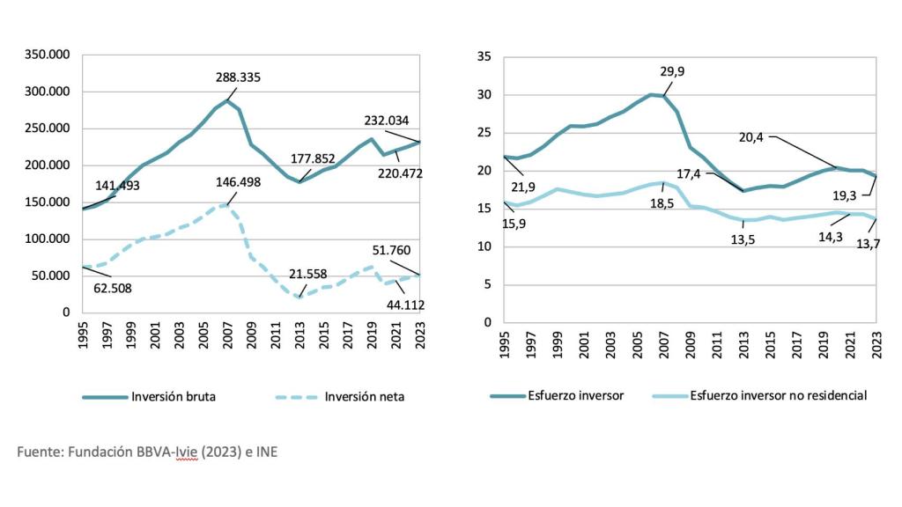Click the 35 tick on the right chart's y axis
[483, 57]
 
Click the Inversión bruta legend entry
[173, 396]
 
